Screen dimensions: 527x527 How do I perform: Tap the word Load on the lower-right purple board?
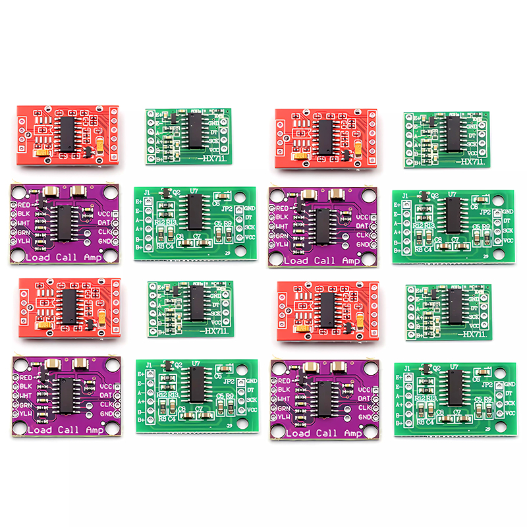[298, 433]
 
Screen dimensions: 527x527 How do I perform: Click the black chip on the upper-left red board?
[69, 132]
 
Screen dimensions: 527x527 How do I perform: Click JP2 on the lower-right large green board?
[487, 383]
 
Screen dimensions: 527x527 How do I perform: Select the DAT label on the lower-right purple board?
[363, 399]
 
